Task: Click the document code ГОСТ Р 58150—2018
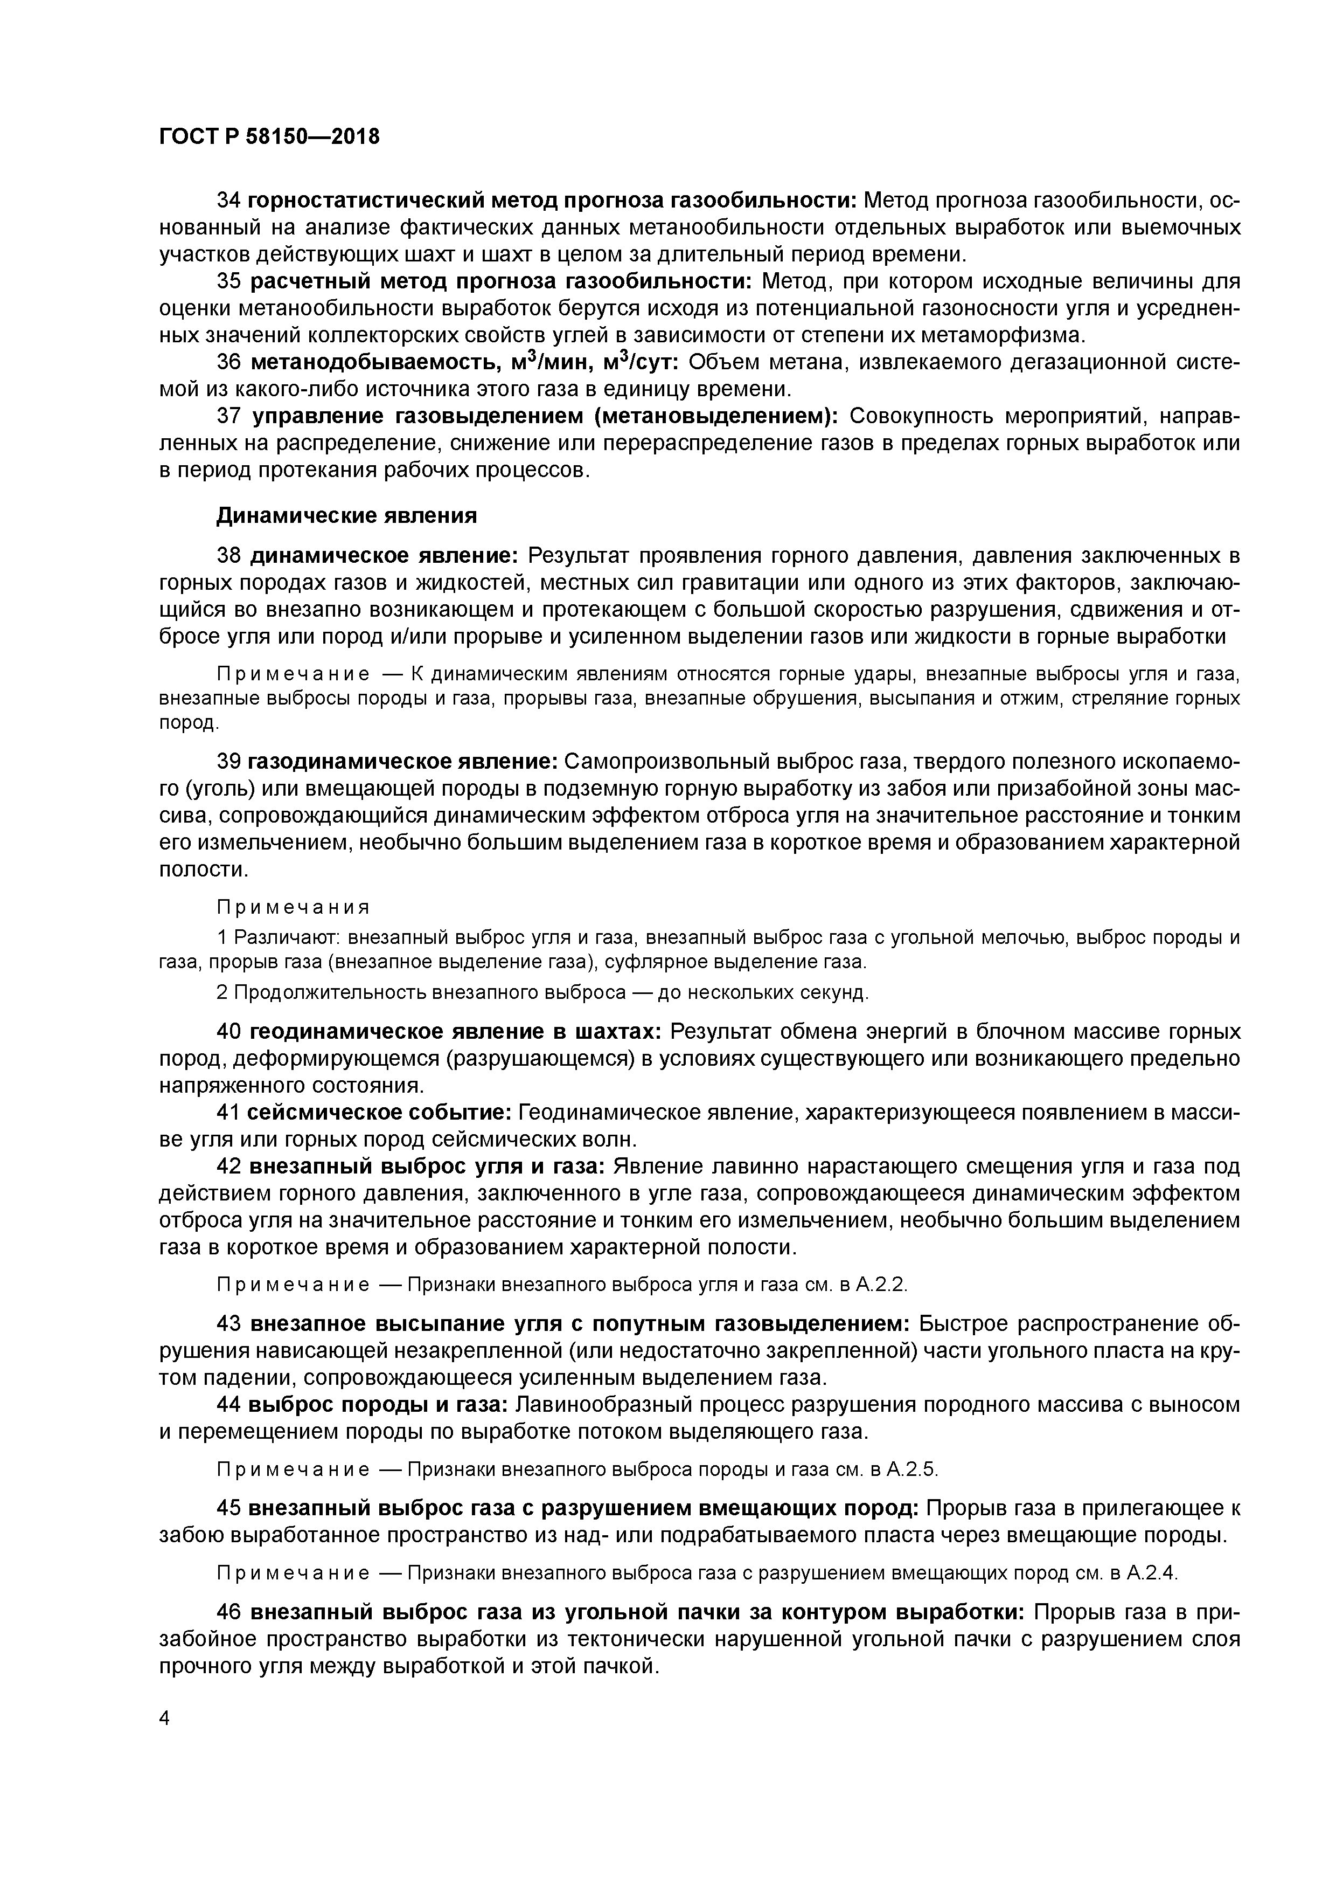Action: [x=269, y=137]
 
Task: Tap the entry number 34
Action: [x=228, y=200]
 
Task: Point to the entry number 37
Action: [x=228, y=417]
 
